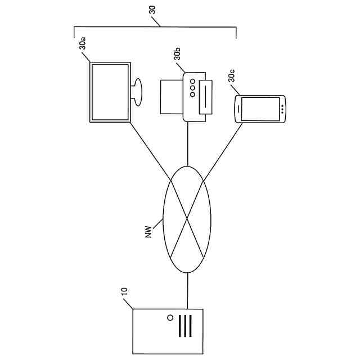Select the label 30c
(x=231, y=76)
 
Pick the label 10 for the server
(x=124, y=291)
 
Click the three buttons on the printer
(x=192, y=88)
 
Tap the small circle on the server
(x=170, y=318)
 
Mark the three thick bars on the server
(x=186, y=326)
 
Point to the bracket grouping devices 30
(x=155, y=26)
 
